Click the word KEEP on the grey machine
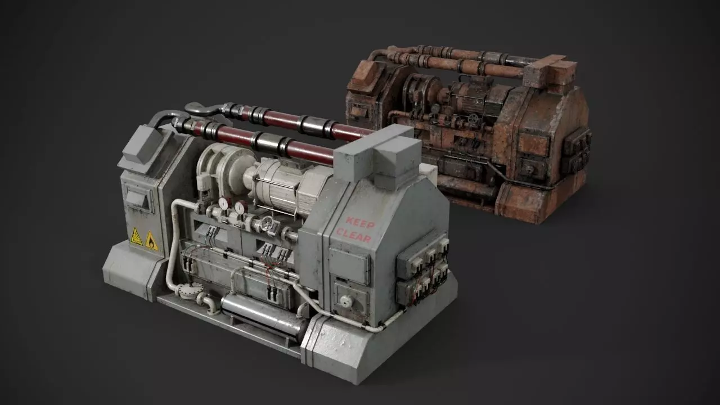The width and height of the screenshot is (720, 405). coord(360,223)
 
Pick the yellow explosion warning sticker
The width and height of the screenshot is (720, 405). coord(137,237)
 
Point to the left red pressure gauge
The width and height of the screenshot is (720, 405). coord(224,203)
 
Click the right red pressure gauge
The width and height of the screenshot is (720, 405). coord(240,208)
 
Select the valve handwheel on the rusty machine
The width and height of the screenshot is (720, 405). coord(472,119)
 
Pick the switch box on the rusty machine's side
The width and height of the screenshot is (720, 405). coord(577,150)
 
